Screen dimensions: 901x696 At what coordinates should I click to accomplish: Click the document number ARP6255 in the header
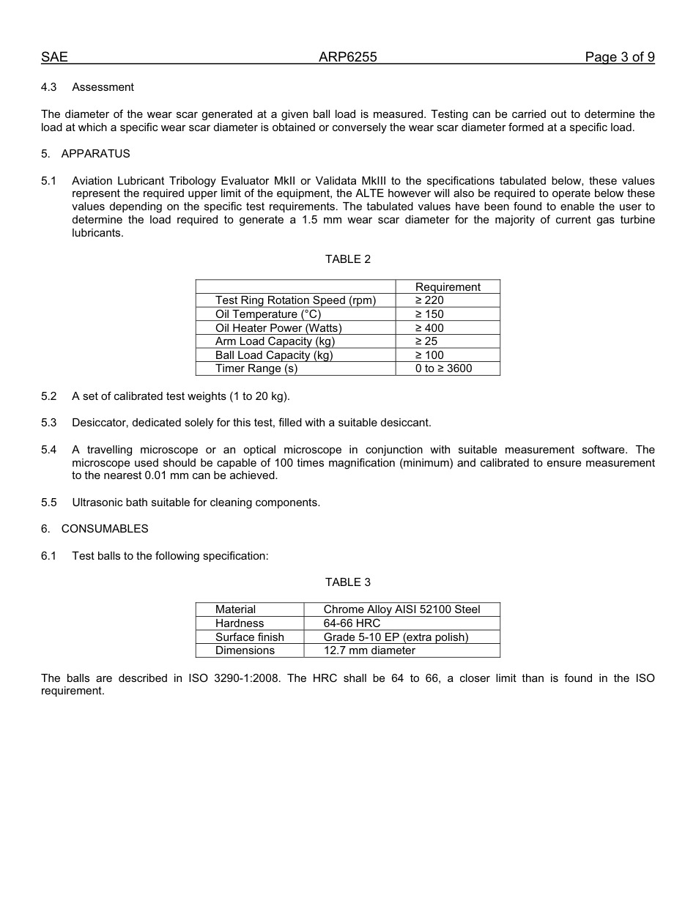[347, 58]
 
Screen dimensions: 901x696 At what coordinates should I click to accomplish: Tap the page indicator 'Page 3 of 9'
[619, 58]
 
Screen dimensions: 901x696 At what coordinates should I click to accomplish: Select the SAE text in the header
[54, 58]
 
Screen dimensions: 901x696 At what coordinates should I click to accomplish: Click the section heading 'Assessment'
[103, 87]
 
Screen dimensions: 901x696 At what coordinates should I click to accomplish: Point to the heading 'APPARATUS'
[95, 154]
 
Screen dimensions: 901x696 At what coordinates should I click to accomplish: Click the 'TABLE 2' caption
[348, 259]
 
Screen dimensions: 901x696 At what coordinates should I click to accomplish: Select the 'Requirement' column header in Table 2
[448, 287]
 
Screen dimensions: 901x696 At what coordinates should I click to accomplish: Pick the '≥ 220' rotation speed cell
[429, 300]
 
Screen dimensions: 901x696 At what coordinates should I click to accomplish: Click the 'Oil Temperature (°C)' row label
[268, 314]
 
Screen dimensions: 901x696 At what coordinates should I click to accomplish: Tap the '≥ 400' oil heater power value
[429, 328]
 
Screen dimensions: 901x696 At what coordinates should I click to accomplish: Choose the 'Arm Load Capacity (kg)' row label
[275, 341]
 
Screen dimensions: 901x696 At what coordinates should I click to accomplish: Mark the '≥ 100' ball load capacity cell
[429, 355]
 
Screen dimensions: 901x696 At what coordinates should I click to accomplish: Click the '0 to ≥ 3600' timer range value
[443, 368]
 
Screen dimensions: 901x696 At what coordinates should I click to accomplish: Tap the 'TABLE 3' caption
[348, 582]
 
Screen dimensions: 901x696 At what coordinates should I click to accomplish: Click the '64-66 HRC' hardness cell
[352, 623]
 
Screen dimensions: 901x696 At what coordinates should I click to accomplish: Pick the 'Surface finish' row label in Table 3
[249, 637]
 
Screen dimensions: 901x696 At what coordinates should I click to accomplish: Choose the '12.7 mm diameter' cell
[369, 650]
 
